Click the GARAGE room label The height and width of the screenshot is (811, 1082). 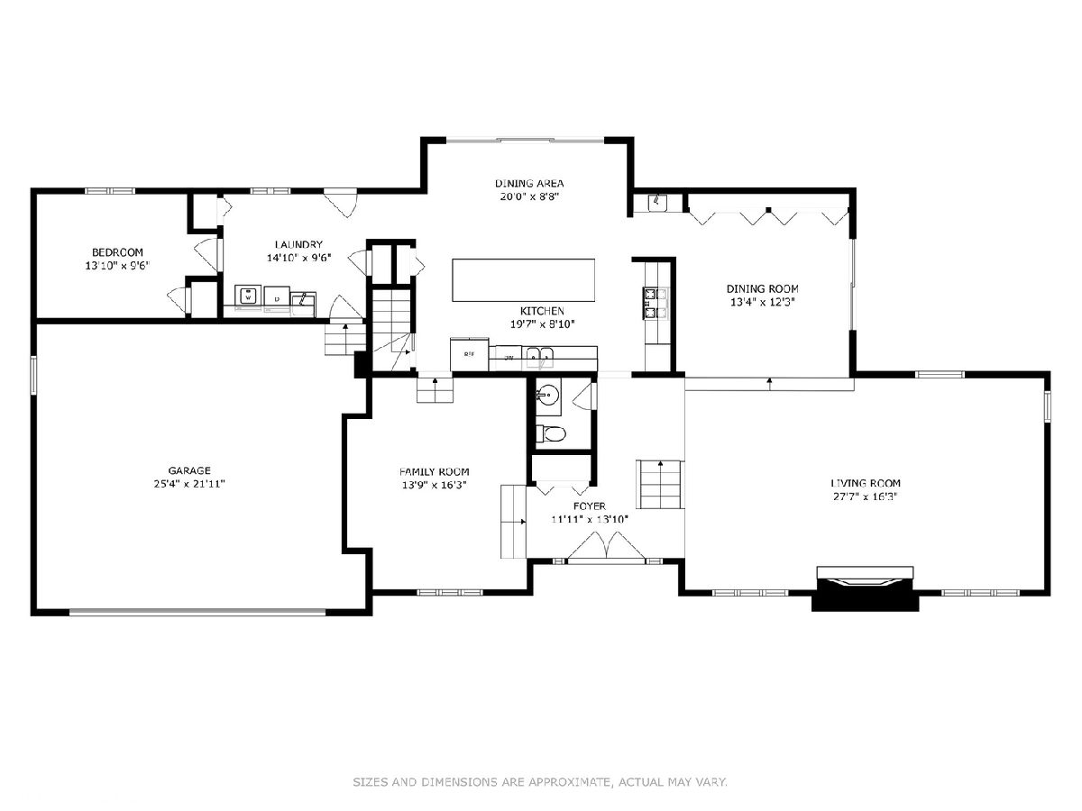189,470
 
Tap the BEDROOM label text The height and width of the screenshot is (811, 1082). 117,252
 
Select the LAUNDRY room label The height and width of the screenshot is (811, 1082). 298,244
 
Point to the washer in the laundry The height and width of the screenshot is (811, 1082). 249,296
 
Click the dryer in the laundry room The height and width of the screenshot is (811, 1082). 277,297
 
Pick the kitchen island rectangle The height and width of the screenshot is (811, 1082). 523,280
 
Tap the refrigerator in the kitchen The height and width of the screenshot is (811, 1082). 469,353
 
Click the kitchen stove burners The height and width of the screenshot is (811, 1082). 656,303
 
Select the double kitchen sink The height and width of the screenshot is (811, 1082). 539,357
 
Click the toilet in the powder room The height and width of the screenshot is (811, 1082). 552,433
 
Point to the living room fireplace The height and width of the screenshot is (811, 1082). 865,588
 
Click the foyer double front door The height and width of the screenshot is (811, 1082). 606,547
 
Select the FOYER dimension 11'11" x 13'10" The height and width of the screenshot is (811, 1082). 589,519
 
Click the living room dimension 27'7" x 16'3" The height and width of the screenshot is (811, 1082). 865,497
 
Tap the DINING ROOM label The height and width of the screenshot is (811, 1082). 762,288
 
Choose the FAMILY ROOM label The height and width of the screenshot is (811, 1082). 435,471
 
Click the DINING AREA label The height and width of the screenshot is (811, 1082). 529,183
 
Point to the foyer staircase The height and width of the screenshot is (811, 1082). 660,485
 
